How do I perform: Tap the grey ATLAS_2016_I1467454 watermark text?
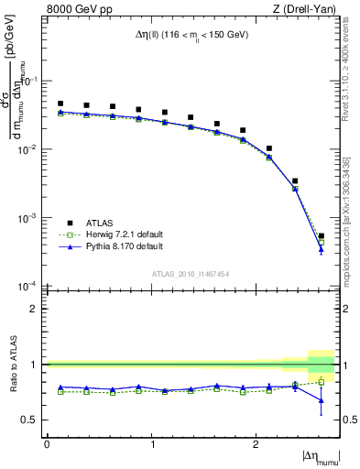coord(191,274)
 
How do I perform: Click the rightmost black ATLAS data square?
coord(321,236)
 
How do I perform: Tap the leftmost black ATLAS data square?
coord(60,104)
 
